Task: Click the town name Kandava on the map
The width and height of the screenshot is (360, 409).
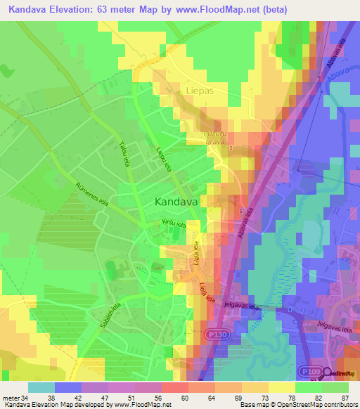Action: pos(176,201)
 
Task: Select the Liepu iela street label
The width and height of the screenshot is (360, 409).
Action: pos(164,157)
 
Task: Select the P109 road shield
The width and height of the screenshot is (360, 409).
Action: pos(307,372)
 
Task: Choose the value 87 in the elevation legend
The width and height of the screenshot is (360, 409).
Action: pos(344,397)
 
